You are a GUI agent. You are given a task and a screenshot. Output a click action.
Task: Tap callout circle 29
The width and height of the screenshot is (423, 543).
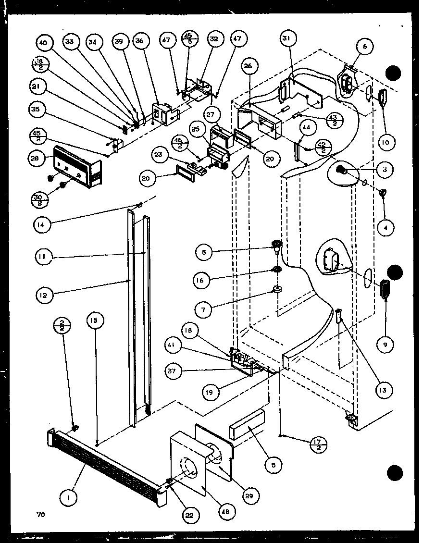pyautogui.click(x=250, y=495)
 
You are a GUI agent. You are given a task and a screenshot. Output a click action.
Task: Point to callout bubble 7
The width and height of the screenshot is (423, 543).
pyautogui.click(x=204, y=309)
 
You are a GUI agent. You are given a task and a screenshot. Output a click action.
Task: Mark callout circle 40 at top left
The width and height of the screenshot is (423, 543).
pyautogui.click(x=43, y=43)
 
